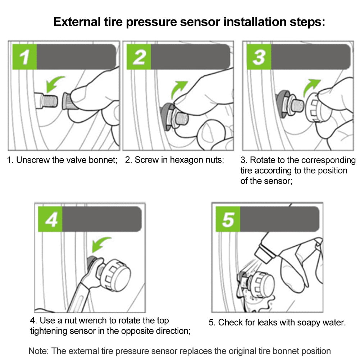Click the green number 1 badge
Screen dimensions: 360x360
click(24, 57)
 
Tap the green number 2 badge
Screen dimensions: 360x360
click(139, 57)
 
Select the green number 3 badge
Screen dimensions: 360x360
click(259, 57)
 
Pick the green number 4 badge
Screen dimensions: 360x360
click(50, 219)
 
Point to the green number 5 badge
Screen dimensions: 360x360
click(228, 219)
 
